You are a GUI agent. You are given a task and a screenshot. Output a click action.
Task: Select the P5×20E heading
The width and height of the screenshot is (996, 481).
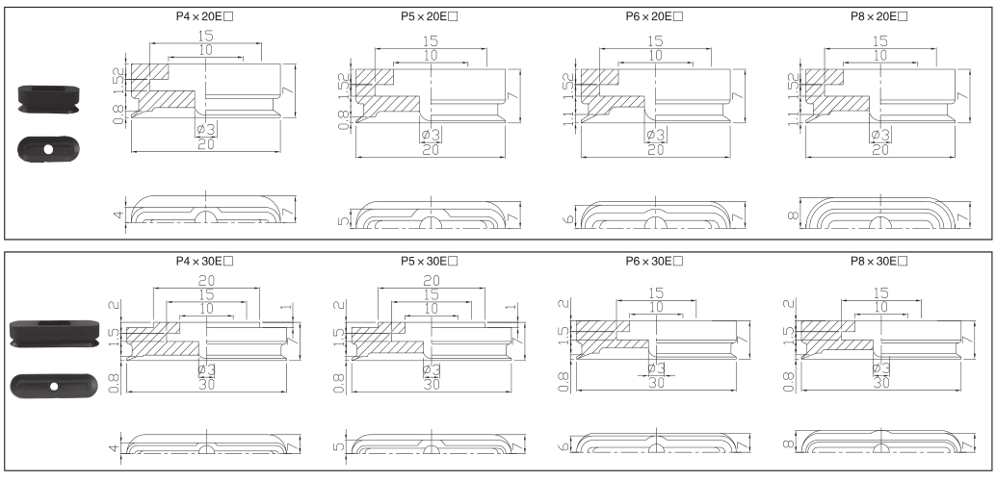429,16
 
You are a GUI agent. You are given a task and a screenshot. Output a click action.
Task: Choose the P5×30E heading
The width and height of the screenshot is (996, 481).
429,261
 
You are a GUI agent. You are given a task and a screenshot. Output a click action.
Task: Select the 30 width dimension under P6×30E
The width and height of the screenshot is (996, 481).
657,383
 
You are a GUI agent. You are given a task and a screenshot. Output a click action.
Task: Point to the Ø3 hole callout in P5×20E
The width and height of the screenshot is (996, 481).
431,135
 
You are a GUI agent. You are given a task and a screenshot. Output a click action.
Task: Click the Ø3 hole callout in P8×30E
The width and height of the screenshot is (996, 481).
880,369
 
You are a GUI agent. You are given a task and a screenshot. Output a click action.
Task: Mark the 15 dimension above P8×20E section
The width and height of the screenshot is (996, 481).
879,41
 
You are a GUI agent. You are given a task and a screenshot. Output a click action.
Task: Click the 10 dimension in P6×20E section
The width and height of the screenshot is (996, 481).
655,56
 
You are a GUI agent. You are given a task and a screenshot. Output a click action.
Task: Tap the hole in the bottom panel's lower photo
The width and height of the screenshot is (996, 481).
55,386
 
